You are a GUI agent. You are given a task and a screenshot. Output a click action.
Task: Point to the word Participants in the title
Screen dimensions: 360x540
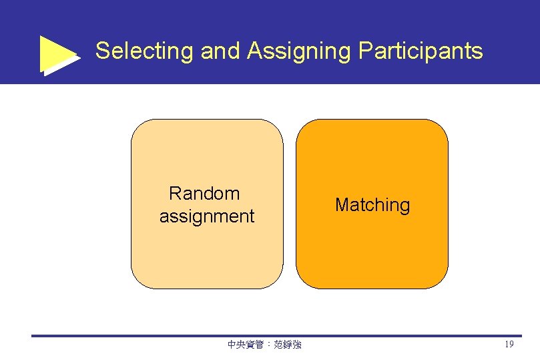[421, 51]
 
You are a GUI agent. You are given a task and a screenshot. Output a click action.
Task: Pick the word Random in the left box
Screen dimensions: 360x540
[204, 194]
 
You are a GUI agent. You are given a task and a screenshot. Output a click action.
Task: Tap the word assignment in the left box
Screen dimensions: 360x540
[207, 216]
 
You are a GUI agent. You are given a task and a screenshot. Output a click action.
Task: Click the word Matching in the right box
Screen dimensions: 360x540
[372, 205]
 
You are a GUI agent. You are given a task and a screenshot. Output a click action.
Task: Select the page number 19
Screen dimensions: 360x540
[509, 345]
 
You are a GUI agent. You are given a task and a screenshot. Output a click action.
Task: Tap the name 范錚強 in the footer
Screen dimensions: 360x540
[288, 345]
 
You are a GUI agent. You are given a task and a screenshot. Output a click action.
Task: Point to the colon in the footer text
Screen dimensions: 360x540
[268, 345]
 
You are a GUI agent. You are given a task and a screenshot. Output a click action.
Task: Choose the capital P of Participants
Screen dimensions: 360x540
[364, 51]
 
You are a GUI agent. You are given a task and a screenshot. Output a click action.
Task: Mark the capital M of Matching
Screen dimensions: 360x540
[341, 205]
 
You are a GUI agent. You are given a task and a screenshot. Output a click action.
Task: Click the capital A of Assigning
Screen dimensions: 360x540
[254, 51]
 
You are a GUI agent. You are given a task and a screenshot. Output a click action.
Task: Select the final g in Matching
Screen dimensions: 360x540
[404, 207]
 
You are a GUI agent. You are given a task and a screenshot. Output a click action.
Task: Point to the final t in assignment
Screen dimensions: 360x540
[252, 216]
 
